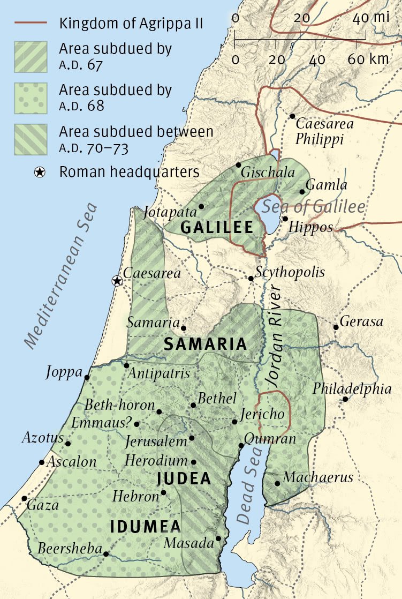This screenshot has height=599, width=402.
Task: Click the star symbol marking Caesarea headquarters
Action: pyautogui.click(x=116, y=280)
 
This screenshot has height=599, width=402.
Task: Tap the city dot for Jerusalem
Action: pyautogui.click(x=192, y=438)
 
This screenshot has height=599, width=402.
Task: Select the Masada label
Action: pyautogui.click(x=188, y=542)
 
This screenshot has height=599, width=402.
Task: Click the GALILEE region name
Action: pyautogui.click(x=217, y=227)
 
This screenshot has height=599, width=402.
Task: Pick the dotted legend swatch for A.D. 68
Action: pyautogui.click(x=30, y=98)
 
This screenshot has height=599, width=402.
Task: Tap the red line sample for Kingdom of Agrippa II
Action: pyautogui.click(x=30, y=24)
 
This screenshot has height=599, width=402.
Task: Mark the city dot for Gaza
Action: pyautogui.click(x=24, y=498)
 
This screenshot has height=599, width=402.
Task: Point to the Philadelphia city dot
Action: pyautogui.click(x=346, y=399)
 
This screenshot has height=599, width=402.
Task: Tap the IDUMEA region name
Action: pyautogui.click(x=145, y=527)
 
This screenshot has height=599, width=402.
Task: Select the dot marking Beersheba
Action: pyautogui.click(x=106, y=554)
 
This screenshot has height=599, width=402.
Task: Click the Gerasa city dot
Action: pyautogui.click(x=336, y=327)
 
